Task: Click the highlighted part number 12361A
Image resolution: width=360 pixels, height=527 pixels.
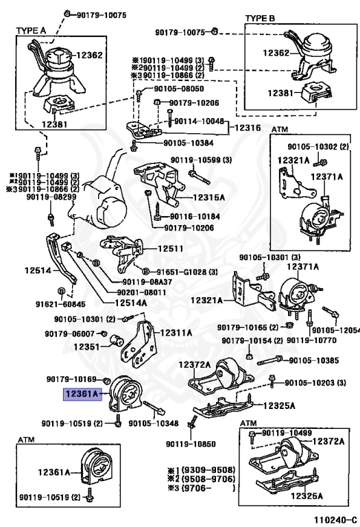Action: click(x=82, y=394)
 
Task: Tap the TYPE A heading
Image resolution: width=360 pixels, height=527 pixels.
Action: click(x=31, y=31)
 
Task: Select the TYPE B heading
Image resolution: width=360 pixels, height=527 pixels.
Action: click(x=260, y=18)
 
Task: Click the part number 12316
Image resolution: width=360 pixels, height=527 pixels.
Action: click(x=248, y=128)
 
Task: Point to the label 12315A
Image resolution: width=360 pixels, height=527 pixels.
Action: click(x=209, y=198)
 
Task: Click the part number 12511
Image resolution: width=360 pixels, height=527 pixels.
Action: click(x=171, y=248)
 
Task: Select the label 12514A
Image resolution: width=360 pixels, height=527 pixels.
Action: click(x=131, y=303)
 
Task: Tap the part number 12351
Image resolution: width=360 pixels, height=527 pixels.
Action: click(x=86, y=347)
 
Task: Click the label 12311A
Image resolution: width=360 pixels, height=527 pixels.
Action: click(x=176, y=333)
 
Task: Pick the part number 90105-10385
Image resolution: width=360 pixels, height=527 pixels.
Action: click(x=314, y=361)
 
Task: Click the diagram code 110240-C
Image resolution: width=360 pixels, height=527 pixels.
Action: click(x=331, y=519)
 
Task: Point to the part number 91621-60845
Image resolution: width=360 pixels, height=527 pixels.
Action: click(x=60, y=304)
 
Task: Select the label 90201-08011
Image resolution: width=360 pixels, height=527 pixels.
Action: click(x=141, y=292)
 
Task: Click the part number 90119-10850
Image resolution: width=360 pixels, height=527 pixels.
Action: click(x=191, y=444)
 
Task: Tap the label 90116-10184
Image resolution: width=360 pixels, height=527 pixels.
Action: click(x=195, y=217)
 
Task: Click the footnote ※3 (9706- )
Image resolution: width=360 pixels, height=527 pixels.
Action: click(x=202, y=488)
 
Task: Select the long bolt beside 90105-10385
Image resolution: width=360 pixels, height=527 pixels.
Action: click(x=269, y=361)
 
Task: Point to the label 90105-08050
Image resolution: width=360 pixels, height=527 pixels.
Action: click(x=179, y=89)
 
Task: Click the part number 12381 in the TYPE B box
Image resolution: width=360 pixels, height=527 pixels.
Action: click(x=280, y=93)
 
